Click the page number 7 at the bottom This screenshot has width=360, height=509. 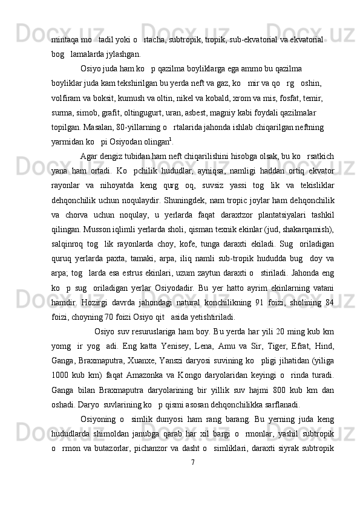pyautogui.click(x=192, y=479)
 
